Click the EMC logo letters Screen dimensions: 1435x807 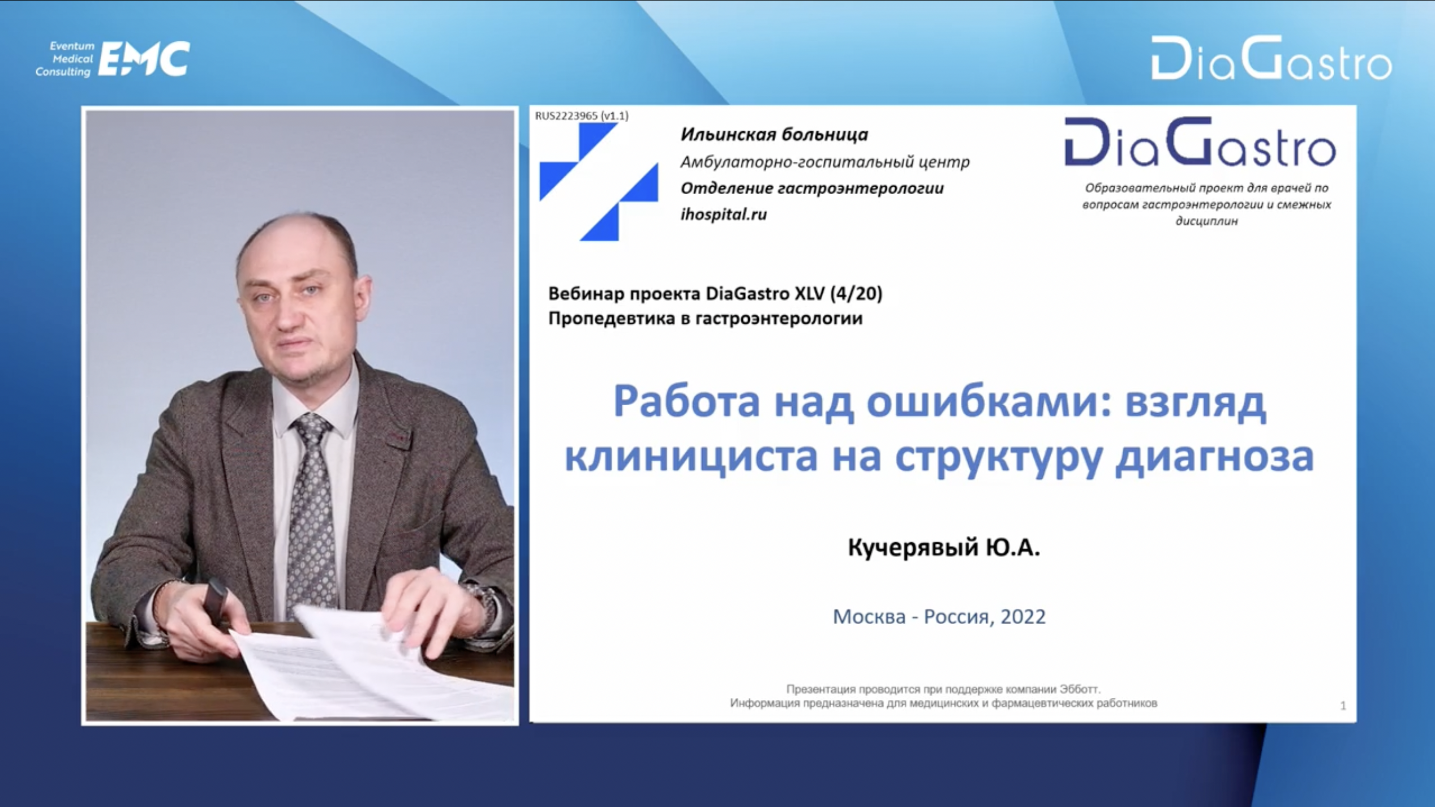(144, 58)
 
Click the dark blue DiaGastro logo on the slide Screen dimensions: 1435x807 (1200, 141)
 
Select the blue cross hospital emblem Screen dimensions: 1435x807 (599, 182)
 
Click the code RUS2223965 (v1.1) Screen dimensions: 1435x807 (582, 116)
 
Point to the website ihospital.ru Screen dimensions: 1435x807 (724, 214)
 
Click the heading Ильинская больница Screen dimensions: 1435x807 (774, 135)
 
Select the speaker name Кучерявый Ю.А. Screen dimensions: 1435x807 (944, 547)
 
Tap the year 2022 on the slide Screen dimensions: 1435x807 (1023, 616)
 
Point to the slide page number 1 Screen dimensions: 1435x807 (1343, 705)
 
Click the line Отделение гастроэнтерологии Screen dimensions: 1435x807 (812, 188)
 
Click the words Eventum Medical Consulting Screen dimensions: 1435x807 (64, 59)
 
